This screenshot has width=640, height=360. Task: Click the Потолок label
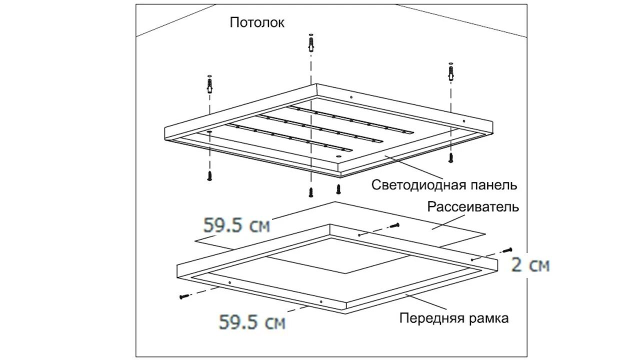tap(257, 22)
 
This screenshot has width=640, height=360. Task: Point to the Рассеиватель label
tap(473, 207)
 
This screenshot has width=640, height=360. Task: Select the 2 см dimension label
tap(530, 265)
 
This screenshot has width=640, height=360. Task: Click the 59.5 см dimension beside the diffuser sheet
tap(236, 225)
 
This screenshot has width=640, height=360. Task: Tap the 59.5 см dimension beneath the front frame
tap(252, 322)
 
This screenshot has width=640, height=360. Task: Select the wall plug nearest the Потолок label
tap(311, 44)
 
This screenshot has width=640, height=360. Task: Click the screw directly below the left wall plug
tap(210, 175)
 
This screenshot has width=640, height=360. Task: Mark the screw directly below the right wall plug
tap(450, 158)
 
